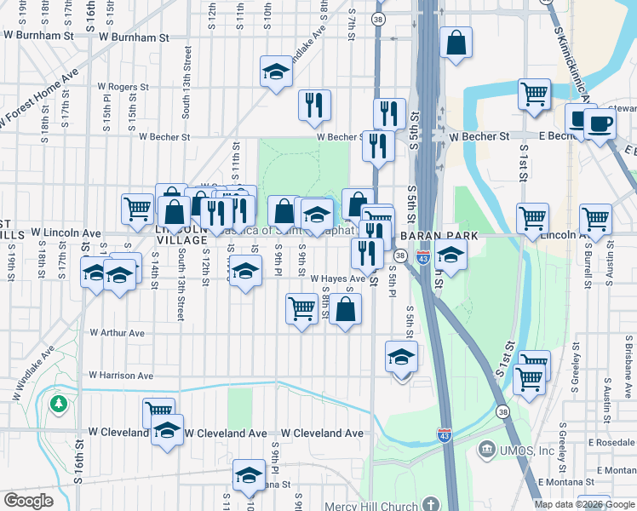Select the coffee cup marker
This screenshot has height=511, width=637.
pos(600,123)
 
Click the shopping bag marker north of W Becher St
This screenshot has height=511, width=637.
pos(456,43)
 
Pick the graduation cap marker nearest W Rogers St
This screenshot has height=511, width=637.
pos(276,73)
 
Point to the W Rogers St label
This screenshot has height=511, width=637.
pos(123,87)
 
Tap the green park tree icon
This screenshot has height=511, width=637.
pos(59,402)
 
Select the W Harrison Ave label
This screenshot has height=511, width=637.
pos(122,376)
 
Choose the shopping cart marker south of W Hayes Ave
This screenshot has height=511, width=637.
pos(301,308)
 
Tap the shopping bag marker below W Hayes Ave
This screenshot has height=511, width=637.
pos(345,311)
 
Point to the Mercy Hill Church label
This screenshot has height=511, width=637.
pos(373,506)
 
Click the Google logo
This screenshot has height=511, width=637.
pos(29,501)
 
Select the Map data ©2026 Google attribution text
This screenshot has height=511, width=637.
pos(585,504)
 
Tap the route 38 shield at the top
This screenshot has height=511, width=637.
pos(378,18)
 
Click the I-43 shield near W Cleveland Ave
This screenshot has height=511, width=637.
pos(444,434)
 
